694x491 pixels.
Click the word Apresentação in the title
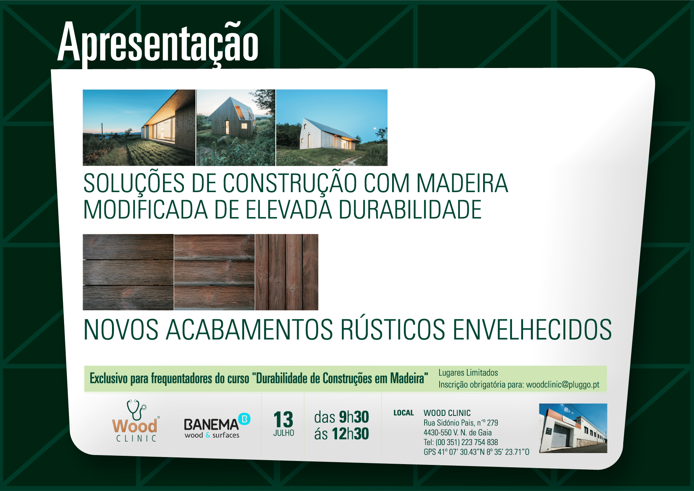coord(158,43)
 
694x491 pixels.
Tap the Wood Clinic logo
coord(135,421)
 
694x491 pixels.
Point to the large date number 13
coord(283,419)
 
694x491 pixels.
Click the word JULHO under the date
coord(284,433)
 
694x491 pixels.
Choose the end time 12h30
coord(350,434)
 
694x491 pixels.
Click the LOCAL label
coord(404,413)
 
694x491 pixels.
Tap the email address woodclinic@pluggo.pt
coord(563,385)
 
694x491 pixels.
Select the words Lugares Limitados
coord(468,372)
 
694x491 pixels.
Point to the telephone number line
coord(461,442)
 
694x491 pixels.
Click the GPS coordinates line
coord(476,452)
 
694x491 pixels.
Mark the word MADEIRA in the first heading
coord(462,183)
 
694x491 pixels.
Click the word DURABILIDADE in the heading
coord(410,210)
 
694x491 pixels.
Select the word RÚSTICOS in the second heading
coord(393,329)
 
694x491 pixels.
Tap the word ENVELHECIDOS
coord(532,330)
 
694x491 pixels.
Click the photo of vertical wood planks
coord(287,272)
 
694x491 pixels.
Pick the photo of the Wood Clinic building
coord(573,428)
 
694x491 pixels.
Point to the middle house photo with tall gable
coord(236,127)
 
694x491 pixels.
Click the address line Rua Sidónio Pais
coord(461,423)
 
